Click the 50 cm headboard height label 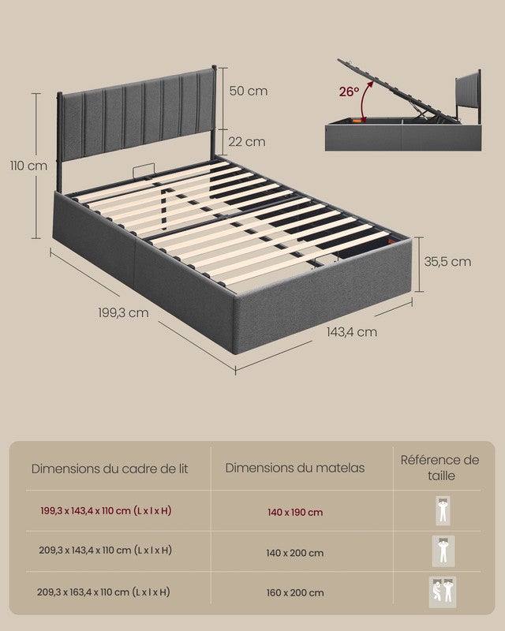[x=248, y=91]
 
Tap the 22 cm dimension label [x=248, y=142]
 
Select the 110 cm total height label [x=28, y=166]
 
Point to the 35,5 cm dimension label [x=447, y=262]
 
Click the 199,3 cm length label [x=123, y=313]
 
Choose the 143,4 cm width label [x=351, y=332]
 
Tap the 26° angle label [x=349, y=91]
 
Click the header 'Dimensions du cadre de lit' [x=110, y=469]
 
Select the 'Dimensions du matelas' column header [x=295, y=468]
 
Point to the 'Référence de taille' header [x=440, y=468]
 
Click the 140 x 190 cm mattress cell [x=294, y=513]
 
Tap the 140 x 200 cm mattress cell [x=294, y=553]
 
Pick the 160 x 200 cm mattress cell [x=294, y=593]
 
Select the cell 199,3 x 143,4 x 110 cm [x=106, y=511]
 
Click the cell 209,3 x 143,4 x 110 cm [x=106, y=551]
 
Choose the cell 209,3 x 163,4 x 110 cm [x=106, y=592]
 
